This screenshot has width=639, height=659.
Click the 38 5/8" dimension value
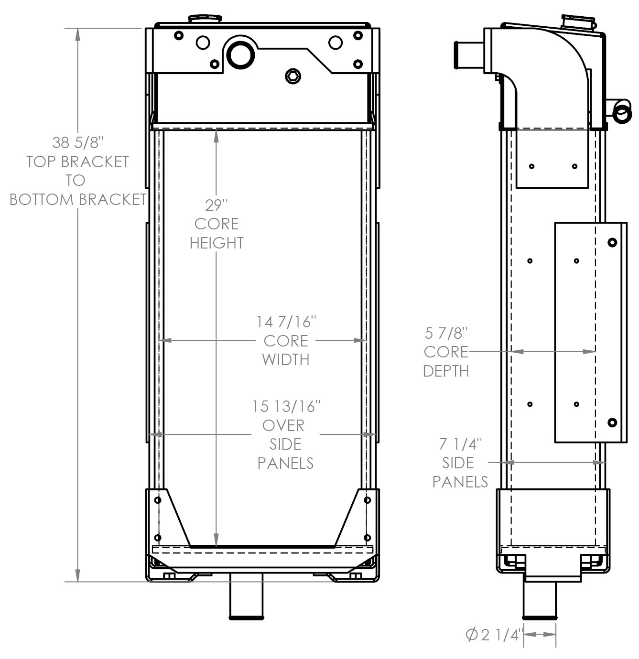78,142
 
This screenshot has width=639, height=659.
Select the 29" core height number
216,205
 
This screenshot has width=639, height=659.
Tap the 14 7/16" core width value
286,322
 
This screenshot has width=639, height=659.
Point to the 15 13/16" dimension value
286,406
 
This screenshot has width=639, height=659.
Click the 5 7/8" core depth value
446,333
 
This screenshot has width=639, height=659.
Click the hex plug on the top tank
293,76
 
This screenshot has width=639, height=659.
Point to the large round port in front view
240,54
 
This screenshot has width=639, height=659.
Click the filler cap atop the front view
205,19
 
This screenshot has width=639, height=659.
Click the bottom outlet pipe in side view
540,600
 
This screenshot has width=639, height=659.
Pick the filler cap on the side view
578,22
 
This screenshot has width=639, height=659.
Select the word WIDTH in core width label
286,359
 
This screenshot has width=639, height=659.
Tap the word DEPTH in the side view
446,371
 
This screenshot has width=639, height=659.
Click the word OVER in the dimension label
283,425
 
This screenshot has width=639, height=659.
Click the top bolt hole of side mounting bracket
612,243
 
